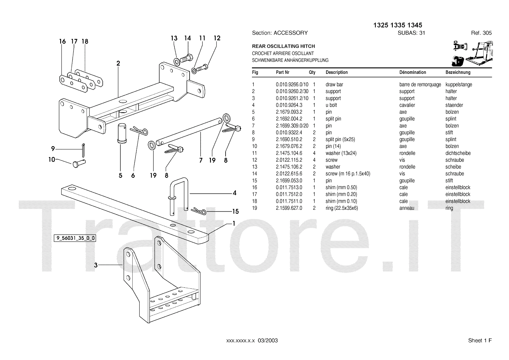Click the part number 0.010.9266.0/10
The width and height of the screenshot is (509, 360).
pyautogui.click(x=292, y=85)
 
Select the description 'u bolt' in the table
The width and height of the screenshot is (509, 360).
pyautogui.click(x=331, y=105)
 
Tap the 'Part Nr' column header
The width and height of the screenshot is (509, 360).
pyautogui.click(x=282, y=72)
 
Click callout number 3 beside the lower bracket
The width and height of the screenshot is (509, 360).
pyautogui.click(x=95, y=265)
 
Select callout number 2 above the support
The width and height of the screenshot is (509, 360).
pyautogui.click(x=118, y=63)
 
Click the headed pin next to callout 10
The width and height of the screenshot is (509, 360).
pyautogui.click(x=79, y=164)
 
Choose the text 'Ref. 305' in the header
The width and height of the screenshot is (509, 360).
pyautogui.click(x=481, y=33)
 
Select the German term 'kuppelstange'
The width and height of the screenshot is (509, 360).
pyautogui.click(x=458, y=85)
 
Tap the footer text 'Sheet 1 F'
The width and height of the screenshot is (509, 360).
pyautogui.click(x=480, y=341)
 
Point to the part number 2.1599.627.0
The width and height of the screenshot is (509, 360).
pyautogui.click(x=289, y=208)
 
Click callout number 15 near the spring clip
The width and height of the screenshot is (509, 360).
pyautogui.click(x=235, y=212)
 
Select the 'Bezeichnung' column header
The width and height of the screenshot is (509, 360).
pyautogui.click(x=458, y=72)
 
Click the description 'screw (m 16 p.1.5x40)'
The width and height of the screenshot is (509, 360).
pyautogui.click(x=348, y=174)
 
